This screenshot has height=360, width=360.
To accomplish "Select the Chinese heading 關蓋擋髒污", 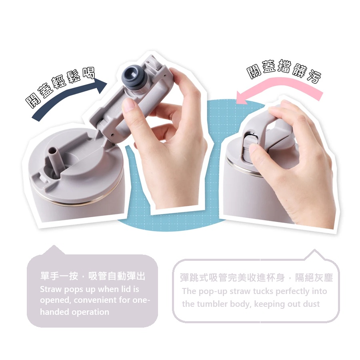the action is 284,70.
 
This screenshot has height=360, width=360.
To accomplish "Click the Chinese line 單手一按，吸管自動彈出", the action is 92,276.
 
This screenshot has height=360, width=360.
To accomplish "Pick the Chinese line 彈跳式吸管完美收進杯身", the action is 232,278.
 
